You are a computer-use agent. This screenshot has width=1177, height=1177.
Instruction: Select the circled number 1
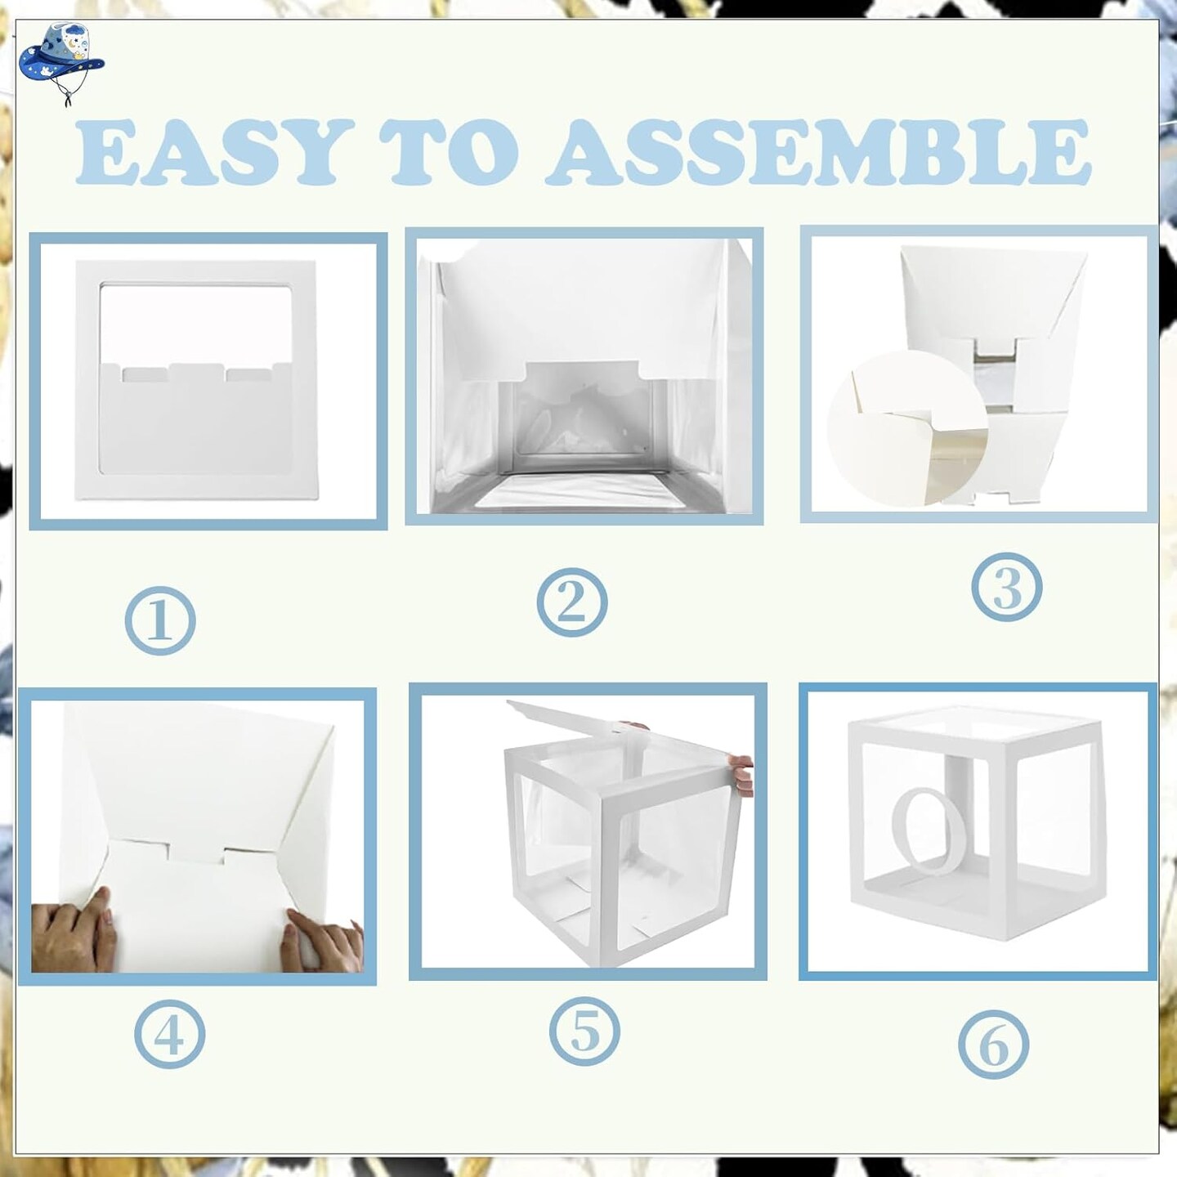pyautogui.click(x=160, y=620)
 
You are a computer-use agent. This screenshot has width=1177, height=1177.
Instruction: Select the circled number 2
pyautogui.click(x=571, y=602)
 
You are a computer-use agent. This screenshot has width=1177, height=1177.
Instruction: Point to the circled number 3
pyautogui.click(x=1007, y=586)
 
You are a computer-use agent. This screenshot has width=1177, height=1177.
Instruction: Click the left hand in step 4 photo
pyautogui.click(x=74, y=934)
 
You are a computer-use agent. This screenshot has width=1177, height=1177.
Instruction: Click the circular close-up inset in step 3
pyautogui.click(x=907, y=428)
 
